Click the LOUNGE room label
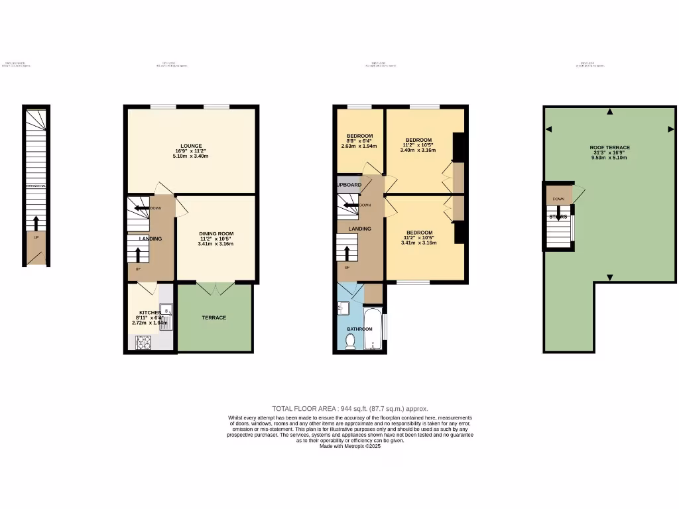(191, 146)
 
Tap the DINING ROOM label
(216, 234)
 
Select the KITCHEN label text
(149, 312)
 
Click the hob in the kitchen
(143, 342)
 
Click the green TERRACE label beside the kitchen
(214, 317)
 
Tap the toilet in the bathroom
(349, 341)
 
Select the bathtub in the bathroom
(373, 328)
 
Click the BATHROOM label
(359, 329)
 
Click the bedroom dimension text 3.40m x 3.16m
(418, 150)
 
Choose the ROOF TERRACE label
(609, 148)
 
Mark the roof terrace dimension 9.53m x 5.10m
(609, 158)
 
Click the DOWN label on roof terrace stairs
(558, 198)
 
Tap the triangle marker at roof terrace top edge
(610, 111)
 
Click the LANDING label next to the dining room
(151, 239)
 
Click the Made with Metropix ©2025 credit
(350, 446)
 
